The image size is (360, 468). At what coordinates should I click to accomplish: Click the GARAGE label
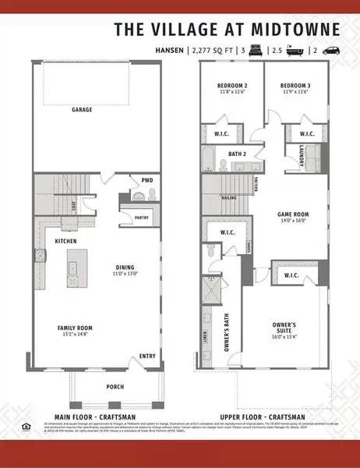pyautogui.click(x=83, y=110)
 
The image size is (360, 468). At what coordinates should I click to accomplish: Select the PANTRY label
pyautogui.click(x=141, y=218)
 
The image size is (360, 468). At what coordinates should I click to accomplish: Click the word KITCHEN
pyautogui.click(x=65, y=242)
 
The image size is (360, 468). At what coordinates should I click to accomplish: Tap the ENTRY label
pyautogui.click(x=147, y=356)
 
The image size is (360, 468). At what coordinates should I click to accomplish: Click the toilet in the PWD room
pyautogui.click(x=134, y=196)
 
